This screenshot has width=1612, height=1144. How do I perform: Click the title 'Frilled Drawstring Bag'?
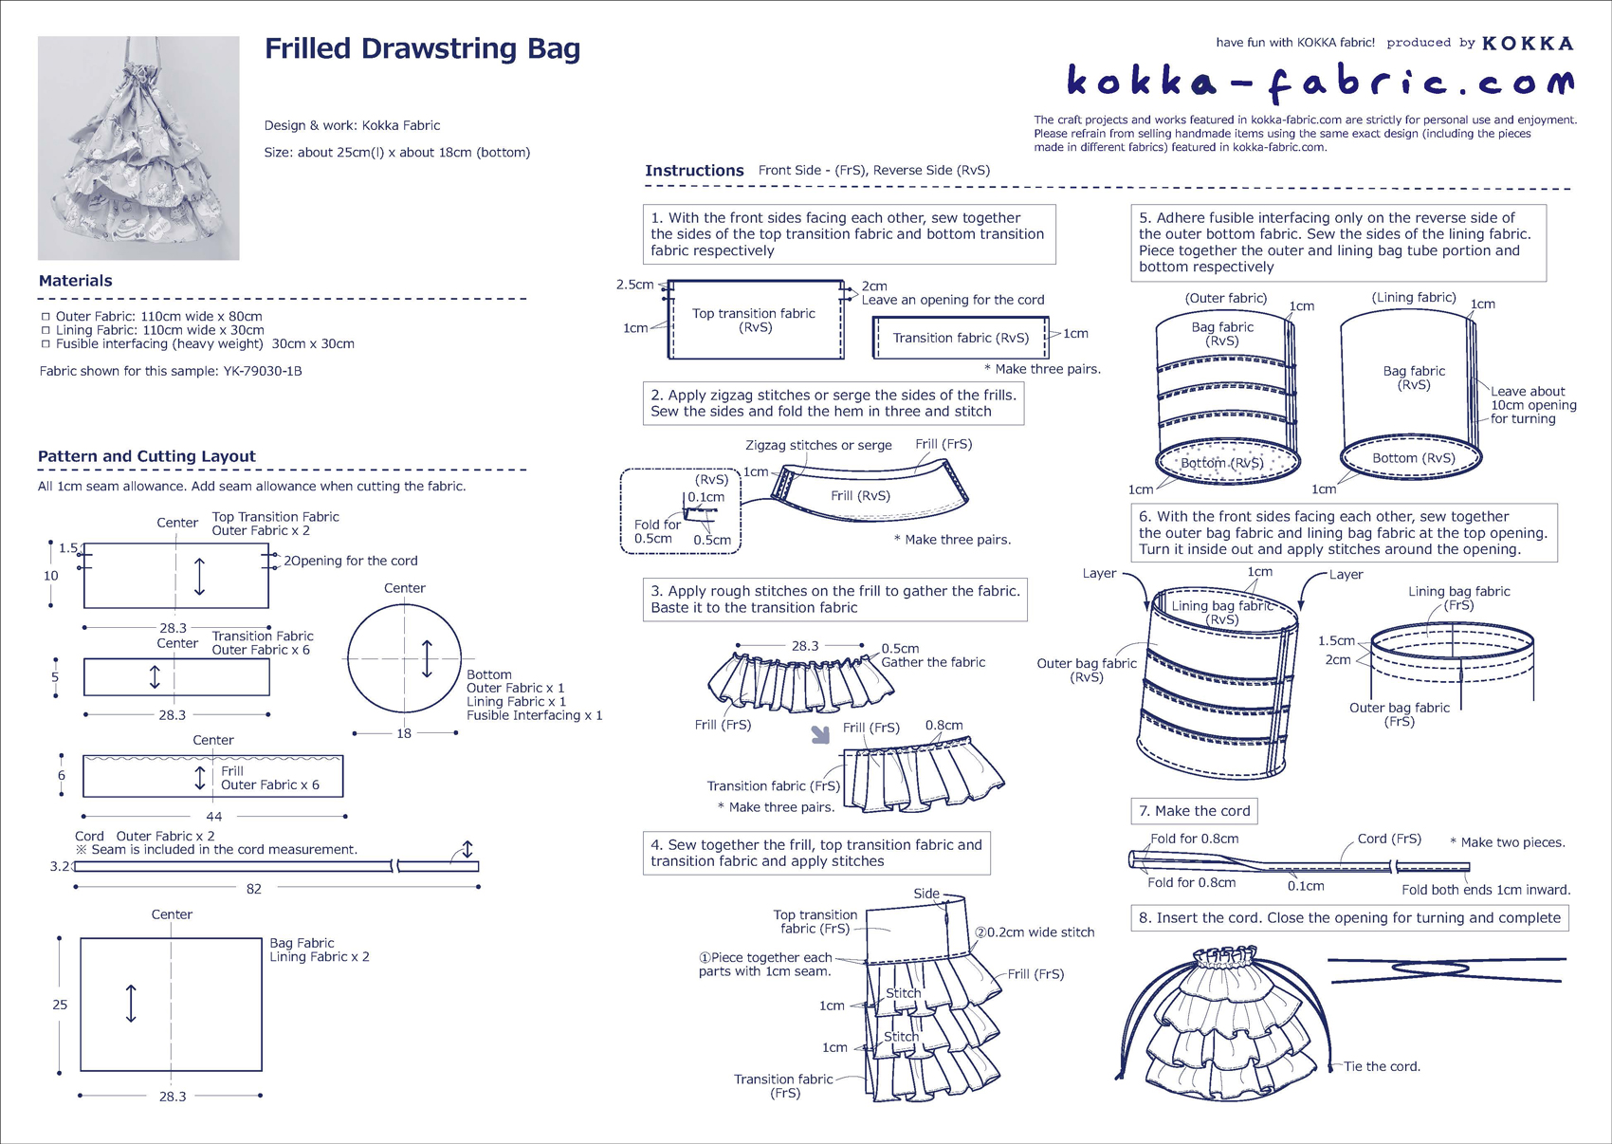(x=422, y=49)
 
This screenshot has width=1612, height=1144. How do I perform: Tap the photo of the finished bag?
(x=138, y=148)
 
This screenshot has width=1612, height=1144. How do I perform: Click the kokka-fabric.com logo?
(x=1319, y=82)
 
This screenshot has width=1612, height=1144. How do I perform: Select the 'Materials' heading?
(x=76, y=281)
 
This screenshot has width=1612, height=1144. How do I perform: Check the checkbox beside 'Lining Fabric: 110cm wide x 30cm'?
(x=46, y=330)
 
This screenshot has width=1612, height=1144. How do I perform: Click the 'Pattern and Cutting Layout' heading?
(x=147, y=456)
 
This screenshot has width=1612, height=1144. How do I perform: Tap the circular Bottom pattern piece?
(x=404, y=658)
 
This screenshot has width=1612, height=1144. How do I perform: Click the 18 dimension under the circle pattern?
(x=404, y=733)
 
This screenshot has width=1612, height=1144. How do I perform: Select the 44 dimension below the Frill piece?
(x=214, y=816)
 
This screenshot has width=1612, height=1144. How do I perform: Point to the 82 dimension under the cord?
(x=254, y=889)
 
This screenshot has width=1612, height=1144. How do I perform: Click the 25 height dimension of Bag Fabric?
(x=60, y=1005)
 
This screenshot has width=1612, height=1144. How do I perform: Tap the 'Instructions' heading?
(x=694, y=171)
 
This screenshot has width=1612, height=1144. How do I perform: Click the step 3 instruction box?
(x=834, y=600)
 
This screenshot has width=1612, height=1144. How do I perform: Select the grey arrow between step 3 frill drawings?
(x=820, y=734)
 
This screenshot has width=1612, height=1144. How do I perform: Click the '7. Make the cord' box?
(x=1194, y=811)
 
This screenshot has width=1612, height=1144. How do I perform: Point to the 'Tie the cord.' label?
(x=1382, y=1066)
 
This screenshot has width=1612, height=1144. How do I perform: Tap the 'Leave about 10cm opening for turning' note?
(x=1532, y=405)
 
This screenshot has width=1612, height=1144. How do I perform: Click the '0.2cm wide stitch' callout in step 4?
(x=1040, y=932)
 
